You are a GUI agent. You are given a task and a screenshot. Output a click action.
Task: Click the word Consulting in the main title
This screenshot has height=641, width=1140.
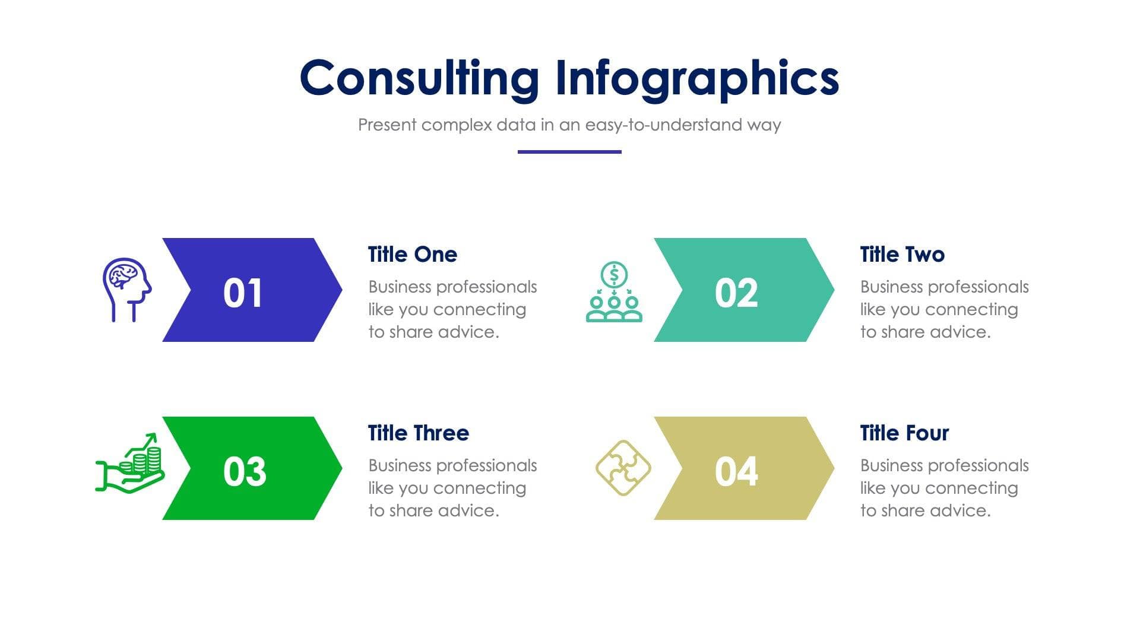[419, 78]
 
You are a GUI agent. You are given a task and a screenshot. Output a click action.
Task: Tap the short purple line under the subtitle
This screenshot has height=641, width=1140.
[569, 152]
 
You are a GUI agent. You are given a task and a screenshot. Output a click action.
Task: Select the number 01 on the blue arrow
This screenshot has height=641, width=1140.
[242, 293]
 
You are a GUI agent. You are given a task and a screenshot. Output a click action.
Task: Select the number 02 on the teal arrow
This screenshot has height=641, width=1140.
[736, 293]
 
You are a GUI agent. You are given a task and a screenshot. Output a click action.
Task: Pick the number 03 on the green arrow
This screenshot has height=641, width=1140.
[244, 471]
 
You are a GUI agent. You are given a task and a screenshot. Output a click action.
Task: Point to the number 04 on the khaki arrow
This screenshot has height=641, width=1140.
[736, 471]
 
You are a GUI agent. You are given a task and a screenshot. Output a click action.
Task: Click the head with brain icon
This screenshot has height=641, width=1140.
[126, 289]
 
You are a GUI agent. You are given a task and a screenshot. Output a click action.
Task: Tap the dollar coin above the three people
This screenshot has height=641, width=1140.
[614, 274]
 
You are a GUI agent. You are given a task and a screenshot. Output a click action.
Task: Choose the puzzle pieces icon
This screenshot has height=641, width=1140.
[623, 468]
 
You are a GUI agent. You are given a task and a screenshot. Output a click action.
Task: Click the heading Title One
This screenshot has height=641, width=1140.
[412, 255]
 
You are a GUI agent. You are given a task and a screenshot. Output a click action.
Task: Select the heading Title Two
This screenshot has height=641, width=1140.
[902, 255]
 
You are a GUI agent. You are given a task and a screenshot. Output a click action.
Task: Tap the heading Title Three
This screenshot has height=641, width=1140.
[418, 433]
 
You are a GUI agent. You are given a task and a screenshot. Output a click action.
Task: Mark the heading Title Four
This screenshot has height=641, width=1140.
[904, 433]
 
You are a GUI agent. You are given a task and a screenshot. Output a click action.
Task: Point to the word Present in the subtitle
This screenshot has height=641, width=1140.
[387, 125]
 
